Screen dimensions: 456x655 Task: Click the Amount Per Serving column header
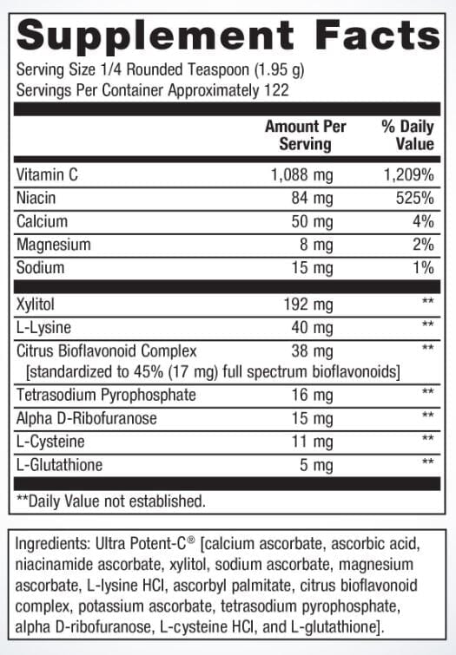[305, 135]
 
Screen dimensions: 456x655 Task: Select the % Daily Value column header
[406, 135]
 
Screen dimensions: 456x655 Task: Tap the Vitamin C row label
[48, 175]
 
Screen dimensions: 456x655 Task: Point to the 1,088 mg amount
[301, 175]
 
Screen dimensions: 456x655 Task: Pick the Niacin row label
[37, 199]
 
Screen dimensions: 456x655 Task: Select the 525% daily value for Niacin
[414, 199]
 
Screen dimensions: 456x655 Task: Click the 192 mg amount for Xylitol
[309, 305]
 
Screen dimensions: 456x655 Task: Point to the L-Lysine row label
[43, 328]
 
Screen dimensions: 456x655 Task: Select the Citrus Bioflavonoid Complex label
[107, 351]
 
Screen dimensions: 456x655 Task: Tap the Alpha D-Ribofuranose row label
[88, 418]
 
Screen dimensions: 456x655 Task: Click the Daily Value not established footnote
[112, 501]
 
